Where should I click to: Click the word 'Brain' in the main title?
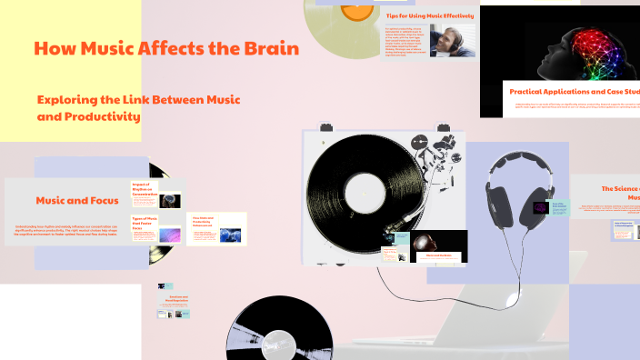click(x=268, y=49)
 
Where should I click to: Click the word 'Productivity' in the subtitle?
click(x=103, y=117)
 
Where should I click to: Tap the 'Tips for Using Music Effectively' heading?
click(x=430, y=16)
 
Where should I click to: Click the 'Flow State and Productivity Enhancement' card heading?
click(x=203, y=222)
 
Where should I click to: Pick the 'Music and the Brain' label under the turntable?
click(x=438, y=255)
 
